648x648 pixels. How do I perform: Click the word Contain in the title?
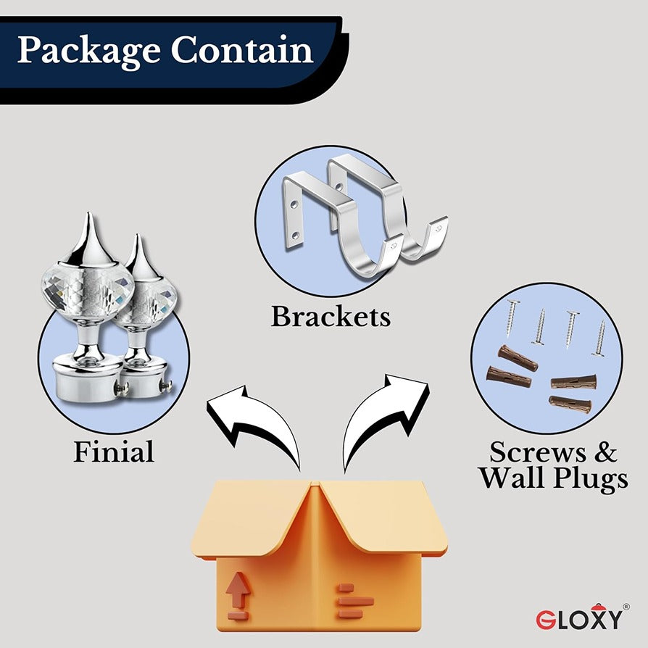243,51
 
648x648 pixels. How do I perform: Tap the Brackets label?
331,317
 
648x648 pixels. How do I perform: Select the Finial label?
114,452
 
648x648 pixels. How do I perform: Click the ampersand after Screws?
606,452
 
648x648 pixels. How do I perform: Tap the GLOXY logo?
581,618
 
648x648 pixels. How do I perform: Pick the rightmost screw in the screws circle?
600,338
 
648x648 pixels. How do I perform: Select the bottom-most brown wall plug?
570,404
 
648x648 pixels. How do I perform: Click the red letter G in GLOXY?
545,620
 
